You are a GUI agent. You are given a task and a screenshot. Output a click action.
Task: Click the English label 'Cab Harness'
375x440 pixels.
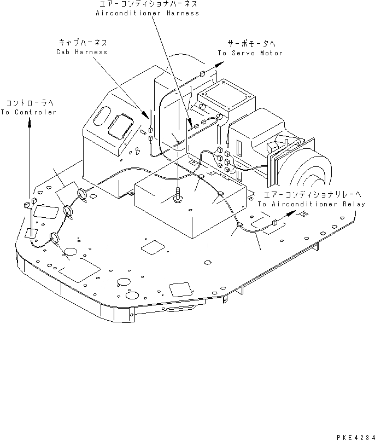pos(81,52)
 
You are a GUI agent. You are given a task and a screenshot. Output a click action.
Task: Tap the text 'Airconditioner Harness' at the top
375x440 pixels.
pos(147,13)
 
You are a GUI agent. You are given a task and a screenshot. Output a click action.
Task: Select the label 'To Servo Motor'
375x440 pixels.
pos(250,53)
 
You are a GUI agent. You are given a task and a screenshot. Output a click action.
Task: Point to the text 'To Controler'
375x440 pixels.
pos(28,112)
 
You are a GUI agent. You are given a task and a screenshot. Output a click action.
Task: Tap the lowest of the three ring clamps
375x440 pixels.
pos(55,237)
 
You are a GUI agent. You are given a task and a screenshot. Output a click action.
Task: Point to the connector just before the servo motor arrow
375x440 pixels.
pos(202,73)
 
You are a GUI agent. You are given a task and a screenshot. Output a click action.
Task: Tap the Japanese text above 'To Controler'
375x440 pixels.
pos(28,103)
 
